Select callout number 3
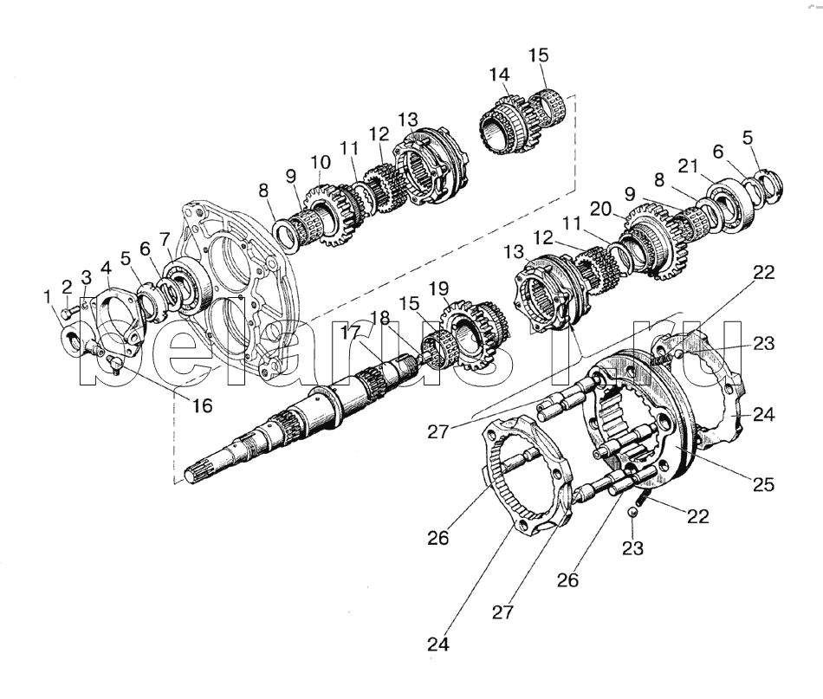point(86,277)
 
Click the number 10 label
point(321,162)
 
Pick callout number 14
point(498,75)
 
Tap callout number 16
point(201,405)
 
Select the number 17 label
point(349,331)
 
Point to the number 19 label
point(439,288)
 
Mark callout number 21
point(688,165)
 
